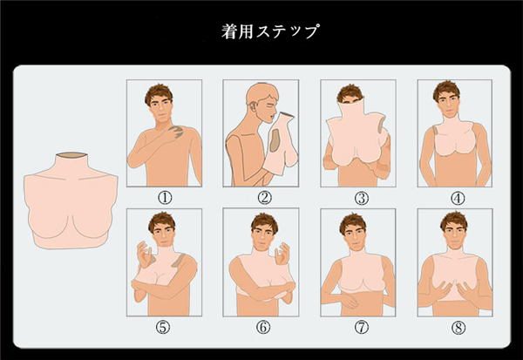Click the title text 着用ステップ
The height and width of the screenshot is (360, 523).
point(270,31)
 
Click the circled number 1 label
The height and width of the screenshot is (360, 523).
point(165,198)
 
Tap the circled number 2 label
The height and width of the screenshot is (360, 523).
point(264,198)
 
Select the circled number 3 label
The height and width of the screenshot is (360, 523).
point(362,199)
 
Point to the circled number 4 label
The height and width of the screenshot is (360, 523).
point(458,199)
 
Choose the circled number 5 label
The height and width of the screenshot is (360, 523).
point(163,327)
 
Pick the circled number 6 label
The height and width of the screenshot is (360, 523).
point(263,327)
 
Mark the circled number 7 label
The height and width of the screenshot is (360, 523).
point(362,327)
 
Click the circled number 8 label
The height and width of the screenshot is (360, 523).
point(458,328)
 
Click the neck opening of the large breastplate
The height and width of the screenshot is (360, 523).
point(71,155)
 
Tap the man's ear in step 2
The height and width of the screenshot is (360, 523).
point(254,106)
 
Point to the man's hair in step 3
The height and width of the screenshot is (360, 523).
point(350,92)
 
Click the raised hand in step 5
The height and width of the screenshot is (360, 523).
point(145,254)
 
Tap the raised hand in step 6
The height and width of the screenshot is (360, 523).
point(282,254)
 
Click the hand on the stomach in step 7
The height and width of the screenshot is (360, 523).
point(350,301)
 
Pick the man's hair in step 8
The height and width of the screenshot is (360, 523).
point(453,220)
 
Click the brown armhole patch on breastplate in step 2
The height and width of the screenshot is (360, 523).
point(275,140)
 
